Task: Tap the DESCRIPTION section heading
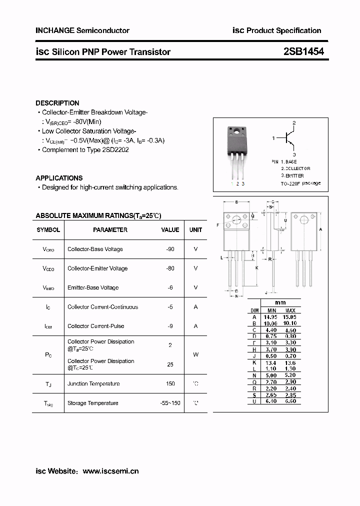click(57, 103)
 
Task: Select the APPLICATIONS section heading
click(59, 178)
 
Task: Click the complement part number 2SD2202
click(115, 150)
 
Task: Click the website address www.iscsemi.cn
click(110, 471)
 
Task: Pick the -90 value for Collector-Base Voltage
click(170, 249)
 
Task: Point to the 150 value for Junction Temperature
click(170, 383)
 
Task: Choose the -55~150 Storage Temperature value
click(170, 403)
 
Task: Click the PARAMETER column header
click(110, 230)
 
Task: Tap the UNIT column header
click(195, 230)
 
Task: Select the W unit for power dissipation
click(195, 354)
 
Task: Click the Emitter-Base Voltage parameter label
click(93, 287)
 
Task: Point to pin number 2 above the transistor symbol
click(294, 122)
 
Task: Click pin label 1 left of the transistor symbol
click(273, 138)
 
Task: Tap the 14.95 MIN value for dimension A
click(270, 317)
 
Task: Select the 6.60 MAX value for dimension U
click(289, 401)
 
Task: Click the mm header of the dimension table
click(280, 303)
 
